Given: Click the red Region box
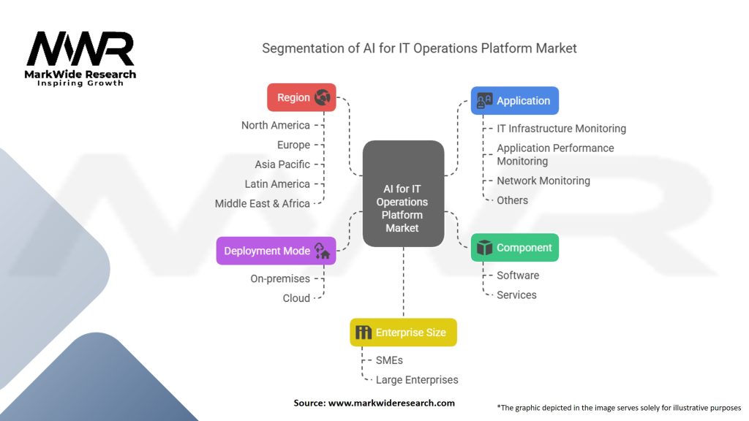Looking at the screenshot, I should coord(301,97).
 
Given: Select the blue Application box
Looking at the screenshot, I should coord(515,101).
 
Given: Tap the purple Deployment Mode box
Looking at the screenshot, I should coord(276,251).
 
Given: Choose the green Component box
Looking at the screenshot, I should coord(515,248).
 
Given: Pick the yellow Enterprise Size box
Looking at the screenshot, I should coord(403,333).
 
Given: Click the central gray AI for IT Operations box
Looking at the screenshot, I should coord(403,193).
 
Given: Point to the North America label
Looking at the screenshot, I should coord(276,125).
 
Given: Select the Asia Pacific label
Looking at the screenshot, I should coord(282,164).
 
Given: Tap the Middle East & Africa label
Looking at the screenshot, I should coord(263,203).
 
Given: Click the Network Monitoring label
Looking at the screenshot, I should coord(543,181).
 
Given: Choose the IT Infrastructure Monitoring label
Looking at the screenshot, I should coord(562,129).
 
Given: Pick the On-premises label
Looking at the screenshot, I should coord(280,278).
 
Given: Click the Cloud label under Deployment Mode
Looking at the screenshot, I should coord(296,298).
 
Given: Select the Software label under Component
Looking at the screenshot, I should coord(518,276).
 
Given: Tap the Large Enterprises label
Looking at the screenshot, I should coord(417,380).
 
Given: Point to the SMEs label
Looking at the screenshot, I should coord(389,360).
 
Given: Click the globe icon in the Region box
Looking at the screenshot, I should coord(323,97).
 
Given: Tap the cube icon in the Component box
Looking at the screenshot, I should coord(484,248).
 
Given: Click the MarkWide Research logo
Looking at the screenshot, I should coord(80,57).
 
